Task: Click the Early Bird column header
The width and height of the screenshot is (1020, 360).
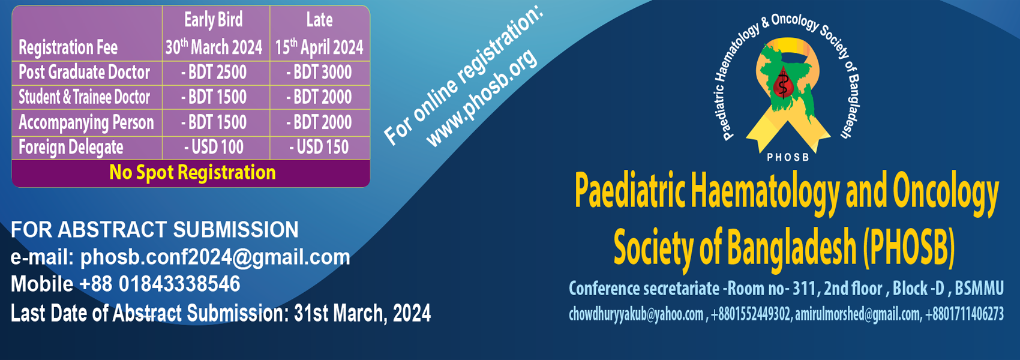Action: pos(214,20)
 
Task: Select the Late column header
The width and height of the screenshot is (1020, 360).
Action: pos(319,20)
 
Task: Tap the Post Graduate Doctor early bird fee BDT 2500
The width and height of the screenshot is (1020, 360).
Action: pos(214,73)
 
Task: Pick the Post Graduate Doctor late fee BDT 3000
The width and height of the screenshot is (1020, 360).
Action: pos(319,73)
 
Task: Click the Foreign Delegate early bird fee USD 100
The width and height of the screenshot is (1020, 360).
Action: pos(214,147)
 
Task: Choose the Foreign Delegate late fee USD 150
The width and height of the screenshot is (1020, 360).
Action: pos(319,147)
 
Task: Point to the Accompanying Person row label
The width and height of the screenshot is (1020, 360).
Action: pos(86,123)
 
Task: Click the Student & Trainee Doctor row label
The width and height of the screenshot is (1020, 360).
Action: pos(84,97)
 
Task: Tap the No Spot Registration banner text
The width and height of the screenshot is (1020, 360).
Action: pos(193,172)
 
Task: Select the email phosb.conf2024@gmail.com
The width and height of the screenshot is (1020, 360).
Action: pos(215,257)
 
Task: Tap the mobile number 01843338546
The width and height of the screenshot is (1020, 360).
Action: pos(179,284)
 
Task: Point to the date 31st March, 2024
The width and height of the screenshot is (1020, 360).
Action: pos(362,313)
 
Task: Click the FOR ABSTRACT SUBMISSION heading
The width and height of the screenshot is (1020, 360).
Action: pos(154,229)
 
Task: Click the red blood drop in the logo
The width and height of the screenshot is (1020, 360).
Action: pos(783,85)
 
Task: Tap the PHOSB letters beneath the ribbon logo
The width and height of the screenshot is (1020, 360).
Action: pos(788,157)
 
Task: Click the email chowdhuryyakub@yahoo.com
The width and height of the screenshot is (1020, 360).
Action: pos(636,314)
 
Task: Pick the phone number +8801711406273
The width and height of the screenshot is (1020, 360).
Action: pos(964,314)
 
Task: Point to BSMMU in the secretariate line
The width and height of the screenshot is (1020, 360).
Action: pos(979,289)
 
